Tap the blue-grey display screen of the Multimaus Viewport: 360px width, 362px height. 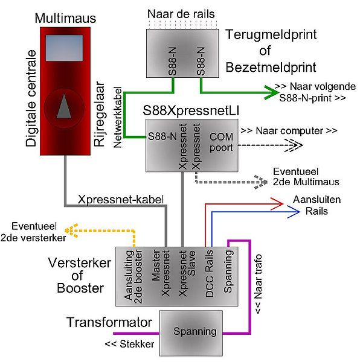64,48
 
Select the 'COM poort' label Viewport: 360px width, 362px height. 221,142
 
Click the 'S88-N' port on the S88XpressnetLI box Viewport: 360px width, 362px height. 162,136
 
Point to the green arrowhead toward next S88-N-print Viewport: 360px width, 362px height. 272,92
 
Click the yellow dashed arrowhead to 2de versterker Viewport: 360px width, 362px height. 71,230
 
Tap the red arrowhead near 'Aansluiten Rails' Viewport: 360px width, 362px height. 277,204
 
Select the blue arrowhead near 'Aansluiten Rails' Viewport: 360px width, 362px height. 294,212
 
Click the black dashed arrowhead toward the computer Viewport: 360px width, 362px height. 294,145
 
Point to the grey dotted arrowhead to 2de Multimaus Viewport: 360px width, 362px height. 261,182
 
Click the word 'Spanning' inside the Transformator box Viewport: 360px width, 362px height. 195,331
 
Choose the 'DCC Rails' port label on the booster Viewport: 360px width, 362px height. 209,273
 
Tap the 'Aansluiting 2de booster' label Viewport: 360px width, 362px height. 133,276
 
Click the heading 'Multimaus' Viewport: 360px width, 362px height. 65,18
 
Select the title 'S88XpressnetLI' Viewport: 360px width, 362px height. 191,110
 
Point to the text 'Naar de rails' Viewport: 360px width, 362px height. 181,14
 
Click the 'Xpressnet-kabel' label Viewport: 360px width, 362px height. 121,200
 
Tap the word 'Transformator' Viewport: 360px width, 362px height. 109,322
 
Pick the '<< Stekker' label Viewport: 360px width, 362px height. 129,344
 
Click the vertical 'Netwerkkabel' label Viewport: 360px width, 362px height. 118,117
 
